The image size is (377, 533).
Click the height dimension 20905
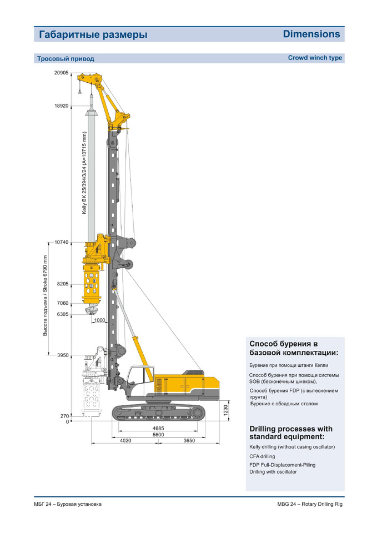coord(61,73)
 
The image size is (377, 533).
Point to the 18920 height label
coord(61,105)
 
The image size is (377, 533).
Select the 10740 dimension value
coord(61,243)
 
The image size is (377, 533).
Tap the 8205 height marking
coord(63,284)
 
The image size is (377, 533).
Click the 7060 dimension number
coord(63,303)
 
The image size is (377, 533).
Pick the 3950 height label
coord(63,355)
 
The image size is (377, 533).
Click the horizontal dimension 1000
coord(99,320)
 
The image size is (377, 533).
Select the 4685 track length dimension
coord(158,428)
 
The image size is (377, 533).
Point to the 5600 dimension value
coord(158,434)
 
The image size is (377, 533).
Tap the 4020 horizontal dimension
coord(126,440)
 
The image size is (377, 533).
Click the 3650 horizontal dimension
coord(189,440)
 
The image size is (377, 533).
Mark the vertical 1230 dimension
coord(226,410)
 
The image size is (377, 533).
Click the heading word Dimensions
coord(311,34)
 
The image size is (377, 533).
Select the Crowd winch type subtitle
coord(315,58)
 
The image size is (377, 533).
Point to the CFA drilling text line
coord(262,456)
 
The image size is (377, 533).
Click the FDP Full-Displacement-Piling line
coord(283,465)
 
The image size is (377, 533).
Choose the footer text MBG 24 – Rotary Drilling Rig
coord(310,504)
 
